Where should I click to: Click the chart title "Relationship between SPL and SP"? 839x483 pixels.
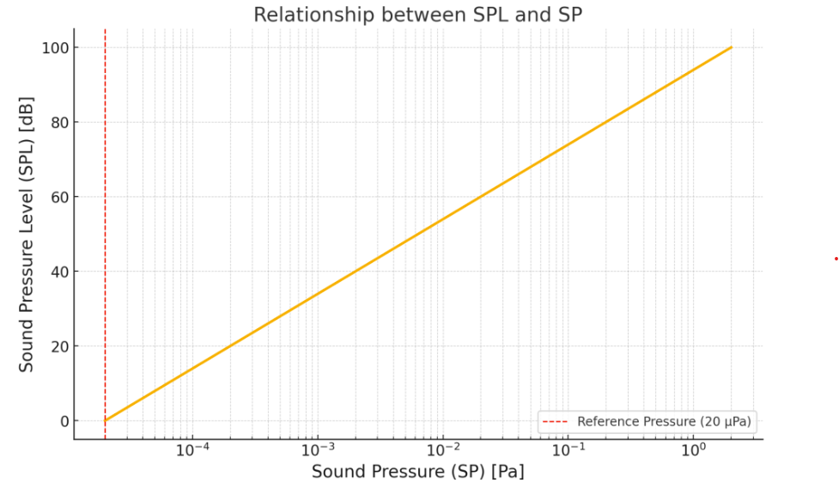point(418,15)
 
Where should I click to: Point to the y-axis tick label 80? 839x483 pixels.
point(58,122)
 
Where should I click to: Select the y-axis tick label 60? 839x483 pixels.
point(58,197)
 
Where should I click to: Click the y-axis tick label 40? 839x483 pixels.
point(58,272)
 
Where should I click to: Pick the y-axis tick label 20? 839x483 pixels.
point(58,346)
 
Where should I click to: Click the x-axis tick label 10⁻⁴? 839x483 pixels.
point(193,449)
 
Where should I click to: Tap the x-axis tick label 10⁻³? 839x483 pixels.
point(318,449)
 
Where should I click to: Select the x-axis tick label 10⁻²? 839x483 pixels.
point(442,449)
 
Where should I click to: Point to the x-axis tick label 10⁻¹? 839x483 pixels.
point(567,449)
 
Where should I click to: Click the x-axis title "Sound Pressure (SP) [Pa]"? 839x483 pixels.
point(417,471)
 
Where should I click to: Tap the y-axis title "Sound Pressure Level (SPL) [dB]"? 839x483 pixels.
point(27,234)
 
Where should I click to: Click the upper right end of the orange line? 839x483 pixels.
point(731,47)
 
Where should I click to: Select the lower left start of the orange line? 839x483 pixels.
point(106,420)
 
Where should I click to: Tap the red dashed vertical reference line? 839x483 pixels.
point(105,215)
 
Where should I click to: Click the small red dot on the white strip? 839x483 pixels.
point(836,258)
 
